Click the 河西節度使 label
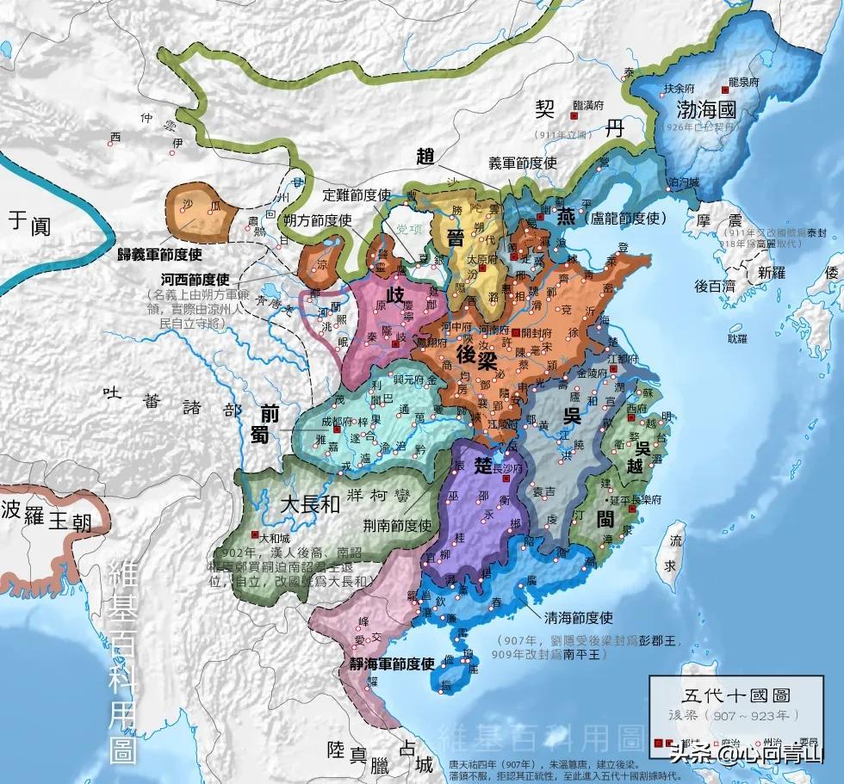point(194,281)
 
